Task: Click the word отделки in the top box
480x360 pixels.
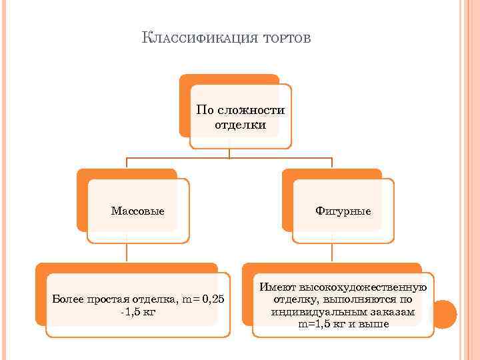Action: (x=241, y=124)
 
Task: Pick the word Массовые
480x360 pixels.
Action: (x=138, y=211)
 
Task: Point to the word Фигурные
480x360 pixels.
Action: (x=343, y=211)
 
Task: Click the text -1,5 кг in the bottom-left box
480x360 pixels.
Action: (x=138, y=311)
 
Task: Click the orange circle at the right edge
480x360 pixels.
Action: (x=444, y=313)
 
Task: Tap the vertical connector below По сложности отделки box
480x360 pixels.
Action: (x=230, y=153)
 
